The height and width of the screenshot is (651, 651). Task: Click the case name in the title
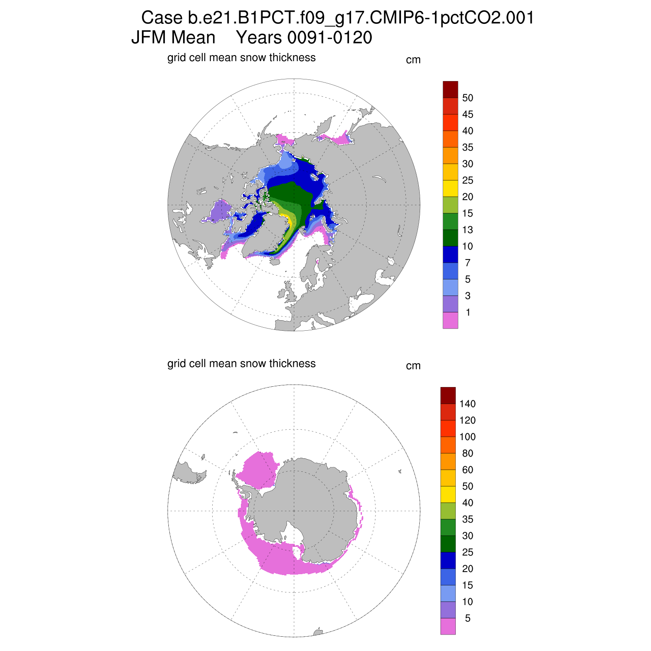[338, 18]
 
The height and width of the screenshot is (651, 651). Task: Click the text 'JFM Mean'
[173, 38]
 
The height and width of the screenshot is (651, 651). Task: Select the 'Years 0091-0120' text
[304, 38]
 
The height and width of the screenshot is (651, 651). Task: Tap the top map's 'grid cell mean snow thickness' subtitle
[241, 58]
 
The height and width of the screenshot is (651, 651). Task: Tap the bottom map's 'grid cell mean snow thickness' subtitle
[241, 363]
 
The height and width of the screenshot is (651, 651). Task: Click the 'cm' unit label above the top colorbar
[413, 60]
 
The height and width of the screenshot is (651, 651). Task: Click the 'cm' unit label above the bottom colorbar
[413, 366]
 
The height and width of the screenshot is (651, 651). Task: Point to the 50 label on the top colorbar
[467, 98]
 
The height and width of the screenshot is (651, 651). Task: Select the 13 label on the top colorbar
[467, 230]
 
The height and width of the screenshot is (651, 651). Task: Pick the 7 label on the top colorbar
[467, 263]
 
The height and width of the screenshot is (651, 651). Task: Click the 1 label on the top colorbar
[467, 312]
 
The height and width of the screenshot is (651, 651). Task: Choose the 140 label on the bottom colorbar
[467, 404]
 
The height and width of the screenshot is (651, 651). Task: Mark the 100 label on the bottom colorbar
[467, 437]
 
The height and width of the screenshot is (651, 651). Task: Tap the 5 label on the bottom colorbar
[467, 618]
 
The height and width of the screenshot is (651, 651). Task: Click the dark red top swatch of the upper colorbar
[450, 89]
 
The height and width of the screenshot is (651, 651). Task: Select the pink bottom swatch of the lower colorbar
[448, 626]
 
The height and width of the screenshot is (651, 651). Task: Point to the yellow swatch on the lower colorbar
[448, 494]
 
